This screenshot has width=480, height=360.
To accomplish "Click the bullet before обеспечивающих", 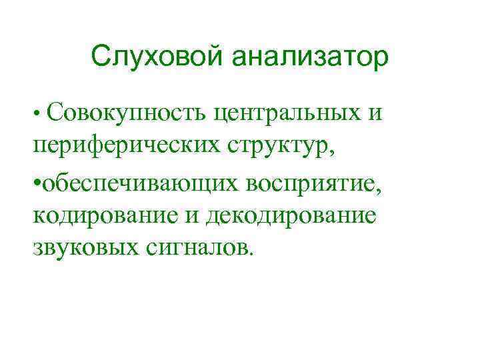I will (36, 182).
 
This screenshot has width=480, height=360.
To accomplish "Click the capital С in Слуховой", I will (100, 57).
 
